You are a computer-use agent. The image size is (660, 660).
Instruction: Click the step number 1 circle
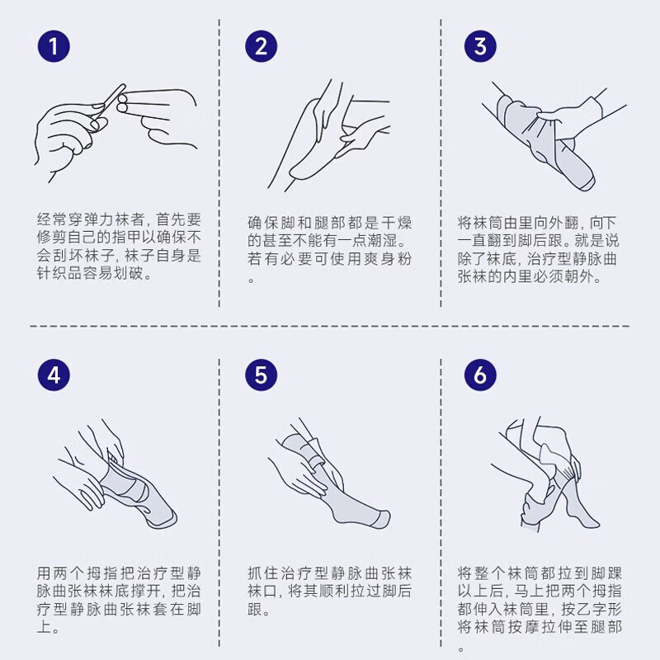click(54, 46)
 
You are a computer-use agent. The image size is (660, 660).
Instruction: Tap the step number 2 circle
click(261, 46)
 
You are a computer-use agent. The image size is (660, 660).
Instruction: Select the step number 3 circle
click(480, 46)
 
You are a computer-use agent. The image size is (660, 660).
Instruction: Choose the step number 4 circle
click(54, 375)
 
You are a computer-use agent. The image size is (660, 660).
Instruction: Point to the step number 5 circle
click(261, 375)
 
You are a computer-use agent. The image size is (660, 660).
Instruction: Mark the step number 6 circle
click(480, 375)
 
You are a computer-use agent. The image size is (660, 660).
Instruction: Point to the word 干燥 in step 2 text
click(399, 222)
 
